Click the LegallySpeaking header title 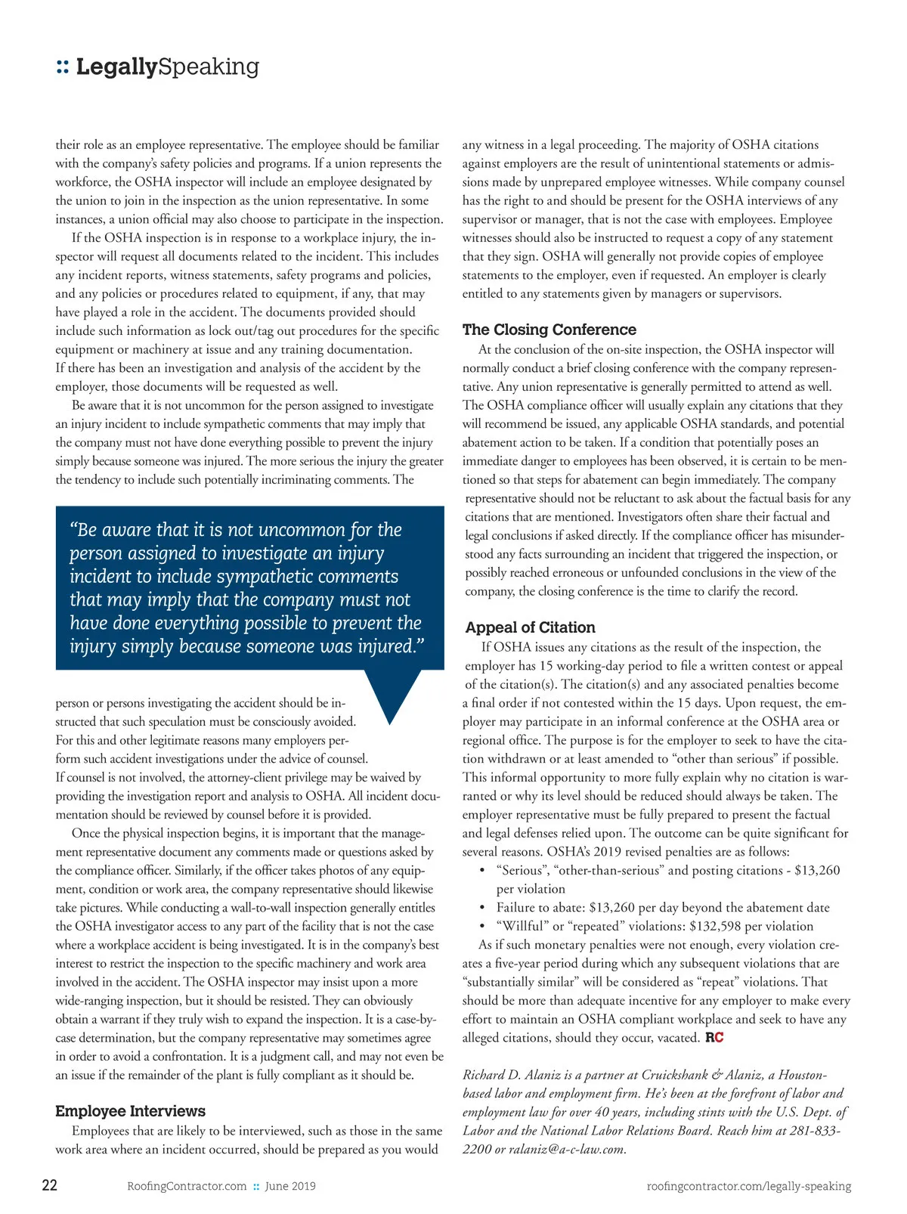pyautogui.click(x=167, y=67)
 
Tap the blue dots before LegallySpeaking pyautogui.click(x=63, y=68)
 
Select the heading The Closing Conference pyautogui.click(x=549, y=330)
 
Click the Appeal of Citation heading pyautogui.click(x=530, y=627)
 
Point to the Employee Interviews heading pyautogui.click(x=130, y=1111)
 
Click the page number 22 pyautogui.click(x=49, y=1185)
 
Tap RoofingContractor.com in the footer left pyautogui.click(x=187, y=1186)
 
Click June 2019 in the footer pyautogui.click(x=290, y=1186)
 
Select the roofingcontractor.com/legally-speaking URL pyautogui.click(x=748, y=1186)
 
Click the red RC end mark pyautogui.click(x=714, y=1038)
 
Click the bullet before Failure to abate pyautogui.click(x=482, y=908)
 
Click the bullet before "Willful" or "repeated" pyautogui.click(x=482, y=927)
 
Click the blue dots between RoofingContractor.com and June pyautogui.click(x=256, y=1187)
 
